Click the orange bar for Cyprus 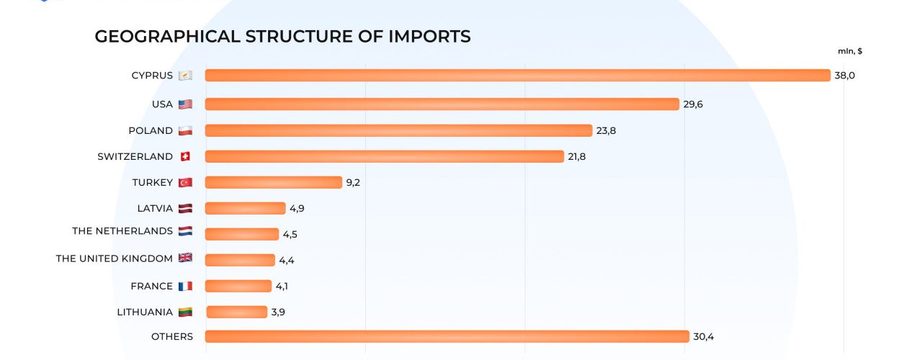pyautogui.click(x=517, y=76)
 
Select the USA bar pyautogui.click(x=442, y=104)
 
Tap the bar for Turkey pyautogui.click(x=273, y=182)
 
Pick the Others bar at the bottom pyautogui.click(x=447, y=336)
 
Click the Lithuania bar pyautogui.click(x=236, y=312)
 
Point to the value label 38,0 pyautogui.click(x=844, y=76)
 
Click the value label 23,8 pyautogui.click(x=606, y=130)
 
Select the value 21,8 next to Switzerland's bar pyautogui.click(x=576, y=156)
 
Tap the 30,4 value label pyautogui.click(x=703, y=336)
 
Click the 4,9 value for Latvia pyautogui.click(x=298, y=208)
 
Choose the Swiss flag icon pyautogui.click(x=185, y=156)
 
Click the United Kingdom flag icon pyautogui.click(x=185, y=258)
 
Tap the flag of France pyautogui.click(x=185, y=286)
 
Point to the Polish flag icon pyautogui.click(x=185, y=130)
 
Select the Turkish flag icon pyautogui.click(x=185, y=182)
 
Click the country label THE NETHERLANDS pyautogui.click(x=122, y=231)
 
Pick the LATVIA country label pyautogui.click(x=155, y=208)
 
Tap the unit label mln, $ pyautogui.click(x=850, y=51)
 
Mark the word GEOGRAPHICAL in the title pyautogui.click(x=167, y=36)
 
